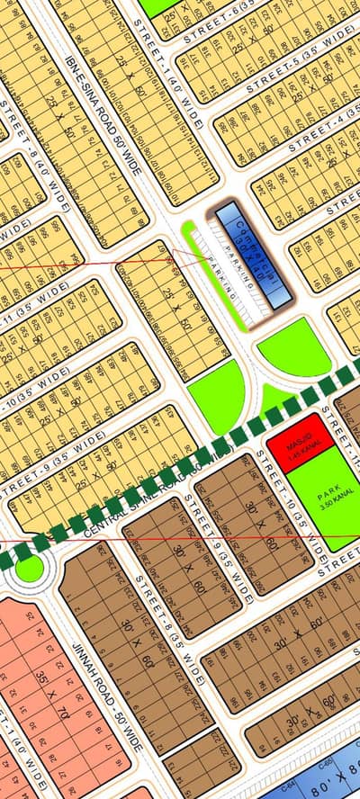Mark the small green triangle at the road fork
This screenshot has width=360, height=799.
point(274,396)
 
